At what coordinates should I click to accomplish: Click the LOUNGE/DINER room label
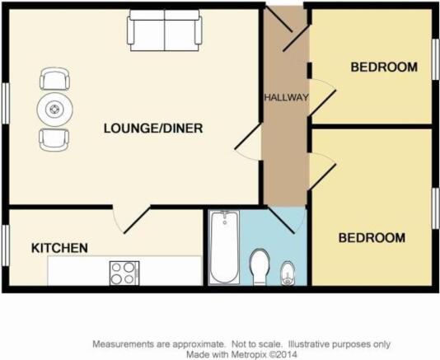tap(153, 129)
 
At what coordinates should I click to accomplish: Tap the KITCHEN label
tap(59, 248)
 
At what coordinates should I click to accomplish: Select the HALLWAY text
tap(286, 97)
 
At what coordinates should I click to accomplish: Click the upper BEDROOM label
tap(384, 67)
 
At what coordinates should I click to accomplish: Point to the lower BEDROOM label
tap(372, 238)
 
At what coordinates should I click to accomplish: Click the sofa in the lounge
tap(165, 30)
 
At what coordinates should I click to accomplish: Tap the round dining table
tap(54, 109)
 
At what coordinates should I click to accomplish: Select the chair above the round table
tap(54, 79)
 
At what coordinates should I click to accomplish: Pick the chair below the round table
tap(54, 140)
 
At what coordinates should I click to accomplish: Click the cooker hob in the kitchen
tap(124, 274)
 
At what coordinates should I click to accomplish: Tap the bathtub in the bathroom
tap(225, 247)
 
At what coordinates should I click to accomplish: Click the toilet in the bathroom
tap(260, 267)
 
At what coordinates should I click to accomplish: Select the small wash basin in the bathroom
tap(288, 274)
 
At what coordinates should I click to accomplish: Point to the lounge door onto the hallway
tap(248, 143)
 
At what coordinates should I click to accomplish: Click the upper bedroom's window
tap(435, 59)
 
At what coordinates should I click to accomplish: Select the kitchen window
tap(6, 245)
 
